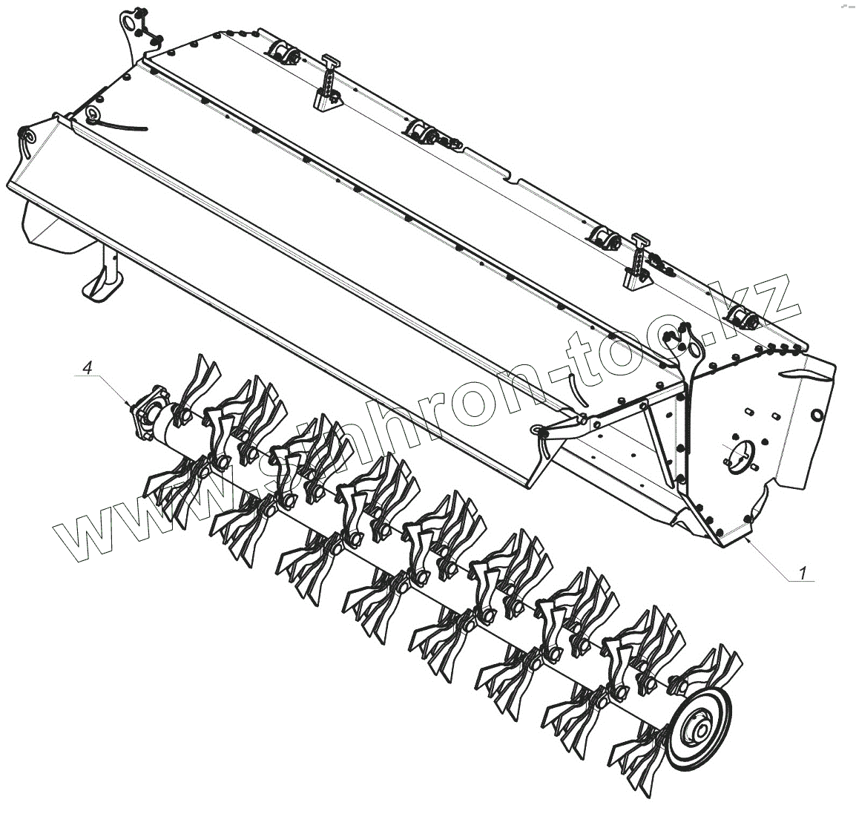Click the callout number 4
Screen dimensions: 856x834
click(86, 367)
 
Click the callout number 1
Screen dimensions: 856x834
click(803, 573)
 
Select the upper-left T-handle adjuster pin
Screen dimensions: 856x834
click(329, 82)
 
